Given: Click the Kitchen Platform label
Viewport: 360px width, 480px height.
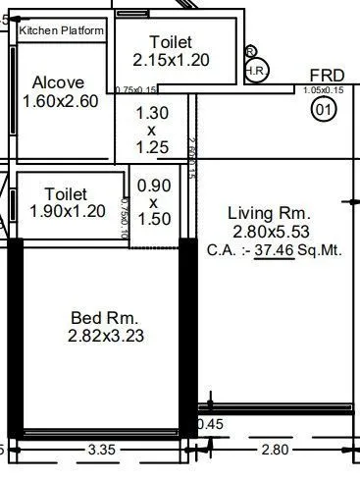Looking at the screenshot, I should pos(61,31).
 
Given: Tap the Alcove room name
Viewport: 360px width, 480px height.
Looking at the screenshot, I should pos(59,82).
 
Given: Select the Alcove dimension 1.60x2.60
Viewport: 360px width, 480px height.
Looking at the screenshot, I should pos(60,101).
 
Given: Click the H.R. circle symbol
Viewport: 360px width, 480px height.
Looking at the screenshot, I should pos(256,71).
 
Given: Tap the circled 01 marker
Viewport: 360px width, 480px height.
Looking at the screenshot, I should pos(324,111).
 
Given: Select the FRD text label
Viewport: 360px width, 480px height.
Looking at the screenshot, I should pos(327,76).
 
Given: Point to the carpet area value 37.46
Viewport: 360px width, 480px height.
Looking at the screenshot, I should pos(277,250).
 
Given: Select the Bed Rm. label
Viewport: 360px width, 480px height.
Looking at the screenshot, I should pos(105,318).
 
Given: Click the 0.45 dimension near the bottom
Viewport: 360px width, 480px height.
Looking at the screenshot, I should pos(209,424).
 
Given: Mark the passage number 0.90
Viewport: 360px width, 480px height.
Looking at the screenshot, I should pos(153,184).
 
